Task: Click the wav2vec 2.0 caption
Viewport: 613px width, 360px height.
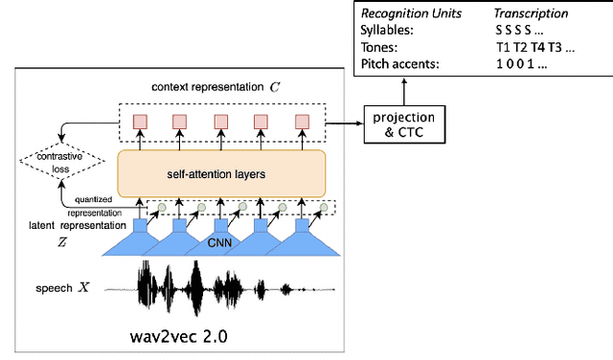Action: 179,336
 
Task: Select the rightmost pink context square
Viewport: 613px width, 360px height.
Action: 303,121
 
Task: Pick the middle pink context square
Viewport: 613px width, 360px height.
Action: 220,121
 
